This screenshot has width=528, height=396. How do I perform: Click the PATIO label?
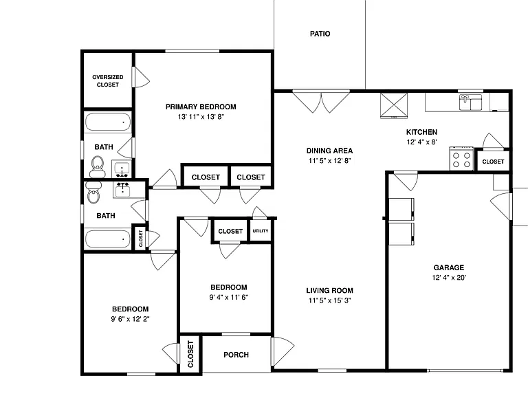point(320,34)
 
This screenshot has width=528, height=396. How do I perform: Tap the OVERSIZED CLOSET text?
point(108,81)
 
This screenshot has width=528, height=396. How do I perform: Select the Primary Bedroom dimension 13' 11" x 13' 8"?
point(201,117)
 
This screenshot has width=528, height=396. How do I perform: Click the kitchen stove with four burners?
point(461,159)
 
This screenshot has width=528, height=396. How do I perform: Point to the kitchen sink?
point(470,102)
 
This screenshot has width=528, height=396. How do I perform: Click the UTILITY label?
point(261,231)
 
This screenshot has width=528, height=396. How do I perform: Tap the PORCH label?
point(236,355)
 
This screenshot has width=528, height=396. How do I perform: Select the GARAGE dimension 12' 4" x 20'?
point(449,278)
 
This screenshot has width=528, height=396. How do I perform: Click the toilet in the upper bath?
point(98,166)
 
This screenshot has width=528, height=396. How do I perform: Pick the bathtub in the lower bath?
point(108,239)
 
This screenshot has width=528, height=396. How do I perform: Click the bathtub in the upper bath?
point(108,122)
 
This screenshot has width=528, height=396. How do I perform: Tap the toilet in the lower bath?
point(93,192)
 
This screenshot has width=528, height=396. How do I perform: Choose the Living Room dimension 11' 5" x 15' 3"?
point(330,300)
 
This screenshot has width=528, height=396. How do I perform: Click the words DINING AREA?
point(330,151)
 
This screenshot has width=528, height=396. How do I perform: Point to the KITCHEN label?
point(421,132)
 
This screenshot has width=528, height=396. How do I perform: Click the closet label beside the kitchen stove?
point(493,162)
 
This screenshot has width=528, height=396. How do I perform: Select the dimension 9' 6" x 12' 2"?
point(131,319)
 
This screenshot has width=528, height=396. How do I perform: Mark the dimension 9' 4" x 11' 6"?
point(229,297)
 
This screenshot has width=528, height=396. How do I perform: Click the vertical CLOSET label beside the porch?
point(190,354)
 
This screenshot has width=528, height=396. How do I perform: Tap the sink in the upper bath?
point(121,168)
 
